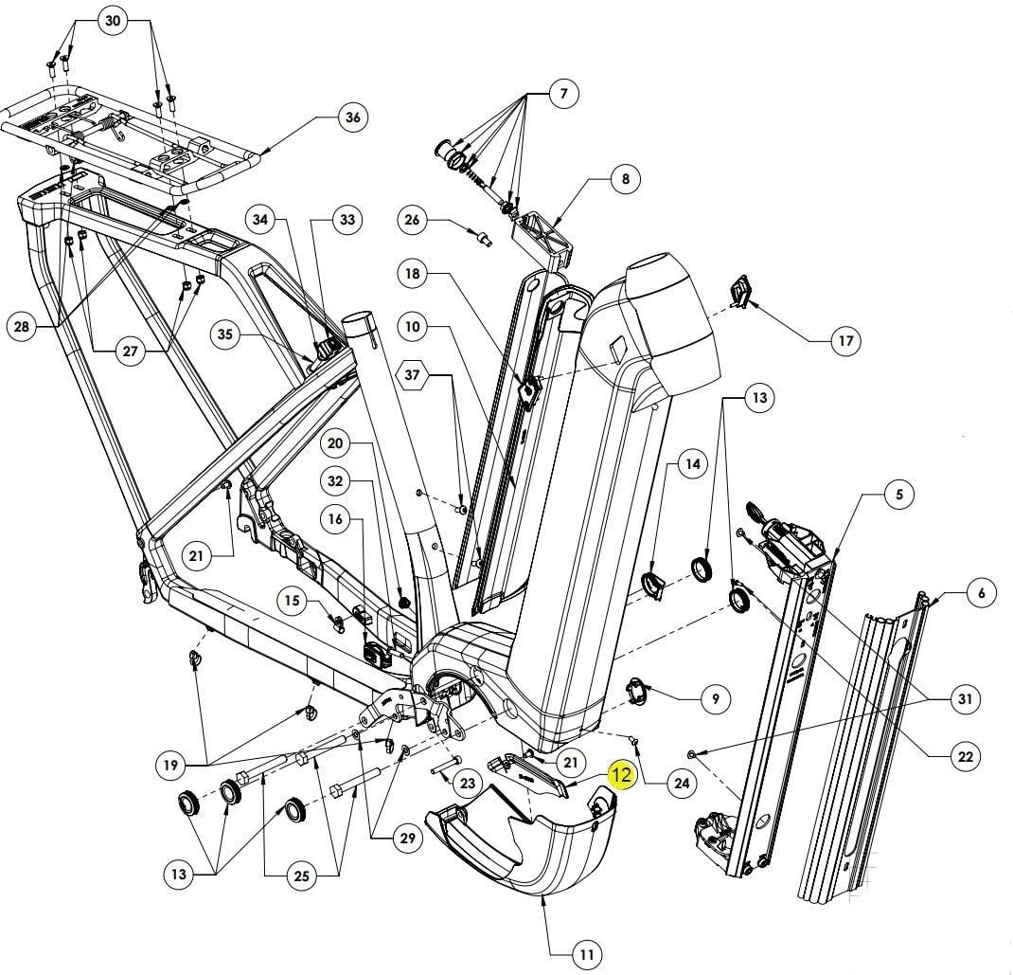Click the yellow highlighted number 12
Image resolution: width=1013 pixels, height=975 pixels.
click(x=621, y=775)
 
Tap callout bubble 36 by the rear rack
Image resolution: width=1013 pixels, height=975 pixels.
click(x=352, y=118)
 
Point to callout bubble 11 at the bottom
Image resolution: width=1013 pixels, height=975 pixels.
click(x=587, y=953)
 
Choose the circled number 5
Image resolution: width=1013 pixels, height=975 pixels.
click(x=899, y=494)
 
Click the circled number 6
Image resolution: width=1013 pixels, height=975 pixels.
click(x=982, y=593)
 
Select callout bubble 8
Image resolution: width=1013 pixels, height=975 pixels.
click(x=626, y=178)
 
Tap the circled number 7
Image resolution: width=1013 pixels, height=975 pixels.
click(x=563, y=94)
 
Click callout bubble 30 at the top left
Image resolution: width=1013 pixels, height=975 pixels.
click(x=113, y=22)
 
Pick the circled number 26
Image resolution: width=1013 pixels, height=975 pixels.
click(x=412, y=221)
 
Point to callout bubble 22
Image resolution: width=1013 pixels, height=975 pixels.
click(x=966, y=756)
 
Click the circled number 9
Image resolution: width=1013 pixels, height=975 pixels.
click(x=715, y=699)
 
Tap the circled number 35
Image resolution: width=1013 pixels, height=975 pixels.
click(x=224, y=334)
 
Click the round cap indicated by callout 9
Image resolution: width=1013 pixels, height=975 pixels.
click(x=644, y=689)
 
